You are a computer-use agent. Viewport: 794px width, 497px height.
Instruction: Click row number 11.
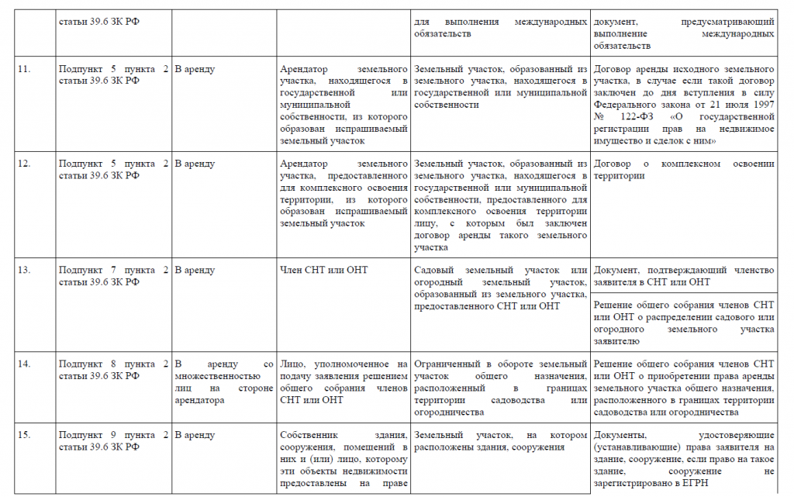[x=24, y=69]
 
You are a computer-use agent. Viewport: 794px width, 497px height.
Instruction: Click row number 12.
[x=24, y=164]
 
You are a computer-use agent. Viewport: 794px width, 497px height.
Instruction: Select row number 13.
[x=24, y=270]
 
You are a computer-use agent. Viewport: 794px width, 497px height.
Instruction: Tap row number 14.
[x=24, y=364]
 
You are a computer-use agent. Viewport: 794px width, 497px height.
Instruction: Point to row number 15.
[x=24, y=435]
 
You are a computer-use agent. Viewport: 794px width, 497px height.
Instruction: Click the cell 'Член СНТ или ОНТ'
[x=323, y=270]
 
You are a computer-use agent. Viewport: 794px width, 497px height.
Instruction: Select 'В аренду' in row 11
[x=195, y=69]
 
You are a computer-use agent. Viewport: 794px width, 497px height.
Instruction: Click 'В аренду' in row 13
[x=195, y=270]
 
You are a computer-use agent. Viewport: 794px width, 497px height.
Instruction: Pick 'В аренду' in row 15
[x=195, y=435]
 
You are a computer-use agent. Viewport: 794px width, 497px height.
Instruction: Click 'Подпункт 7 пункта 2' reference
[x=113, y=270]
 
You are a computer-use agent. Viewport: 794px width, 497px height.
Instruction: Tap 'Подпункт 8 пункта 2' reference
[x=113, y=364]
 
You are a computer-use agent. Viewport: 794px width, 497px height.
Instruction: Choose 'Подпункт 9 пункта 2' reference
[x=113, y=435]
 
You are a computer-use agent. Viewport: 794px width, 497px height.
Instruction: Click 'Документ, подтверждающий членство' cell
[x=683, y=276]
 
